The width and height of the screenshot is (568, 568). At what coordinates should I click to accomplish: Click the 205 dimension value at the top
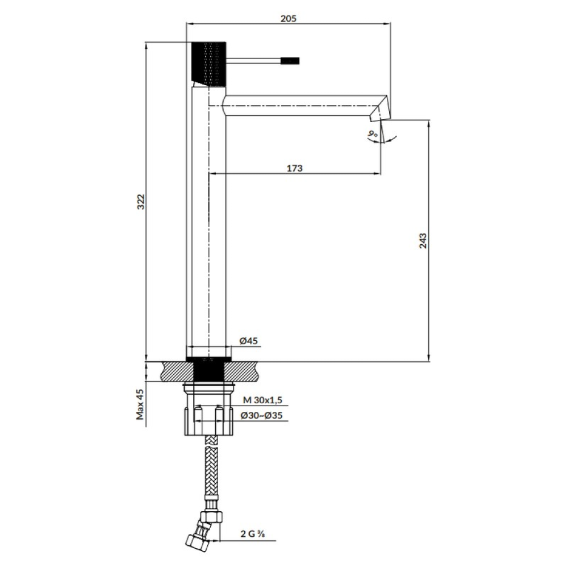288,18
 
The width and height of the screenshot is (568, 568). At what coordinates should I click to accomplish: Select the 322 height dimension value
140,202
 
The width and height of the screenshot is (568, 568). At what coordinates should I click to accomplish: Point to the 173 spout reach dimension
294,168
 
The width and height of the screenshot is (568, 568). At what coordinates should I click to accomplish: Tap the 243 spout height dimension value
423,241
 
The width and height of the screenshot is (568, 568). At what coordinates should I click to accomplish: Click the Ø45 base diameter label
249,341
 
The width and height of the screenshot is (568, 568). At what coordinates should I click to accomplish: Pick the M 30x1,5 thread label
262,400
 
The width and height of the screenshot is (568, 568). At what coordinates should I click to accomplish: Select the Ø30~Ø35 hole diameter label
261,416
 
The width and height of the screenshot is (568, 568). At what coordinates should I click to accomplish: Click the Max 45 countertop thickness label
140,404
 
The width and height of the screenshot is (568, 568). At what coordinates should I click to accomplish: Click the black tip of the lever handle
291,61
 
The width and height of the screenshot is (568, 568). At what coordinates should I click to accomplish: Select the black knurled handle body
208,65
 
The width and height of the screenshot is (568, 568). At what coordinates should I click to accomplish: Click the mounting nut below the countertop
208,409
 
